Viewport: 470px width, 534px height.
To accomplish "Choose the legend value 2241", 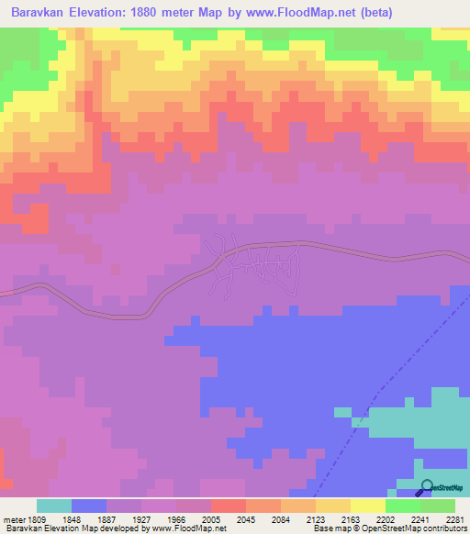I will pos(420,518).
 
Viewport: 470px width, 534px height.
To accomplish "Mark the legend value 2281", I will pos(456,518).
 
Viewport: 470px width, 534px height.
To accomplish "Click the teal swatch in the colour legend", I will pos(54,506).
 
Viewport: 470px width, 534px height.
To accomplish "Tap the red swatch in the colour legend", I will pos(229,506).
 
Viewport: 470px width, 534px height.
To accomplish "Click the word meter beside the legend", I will pos(15,518).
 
